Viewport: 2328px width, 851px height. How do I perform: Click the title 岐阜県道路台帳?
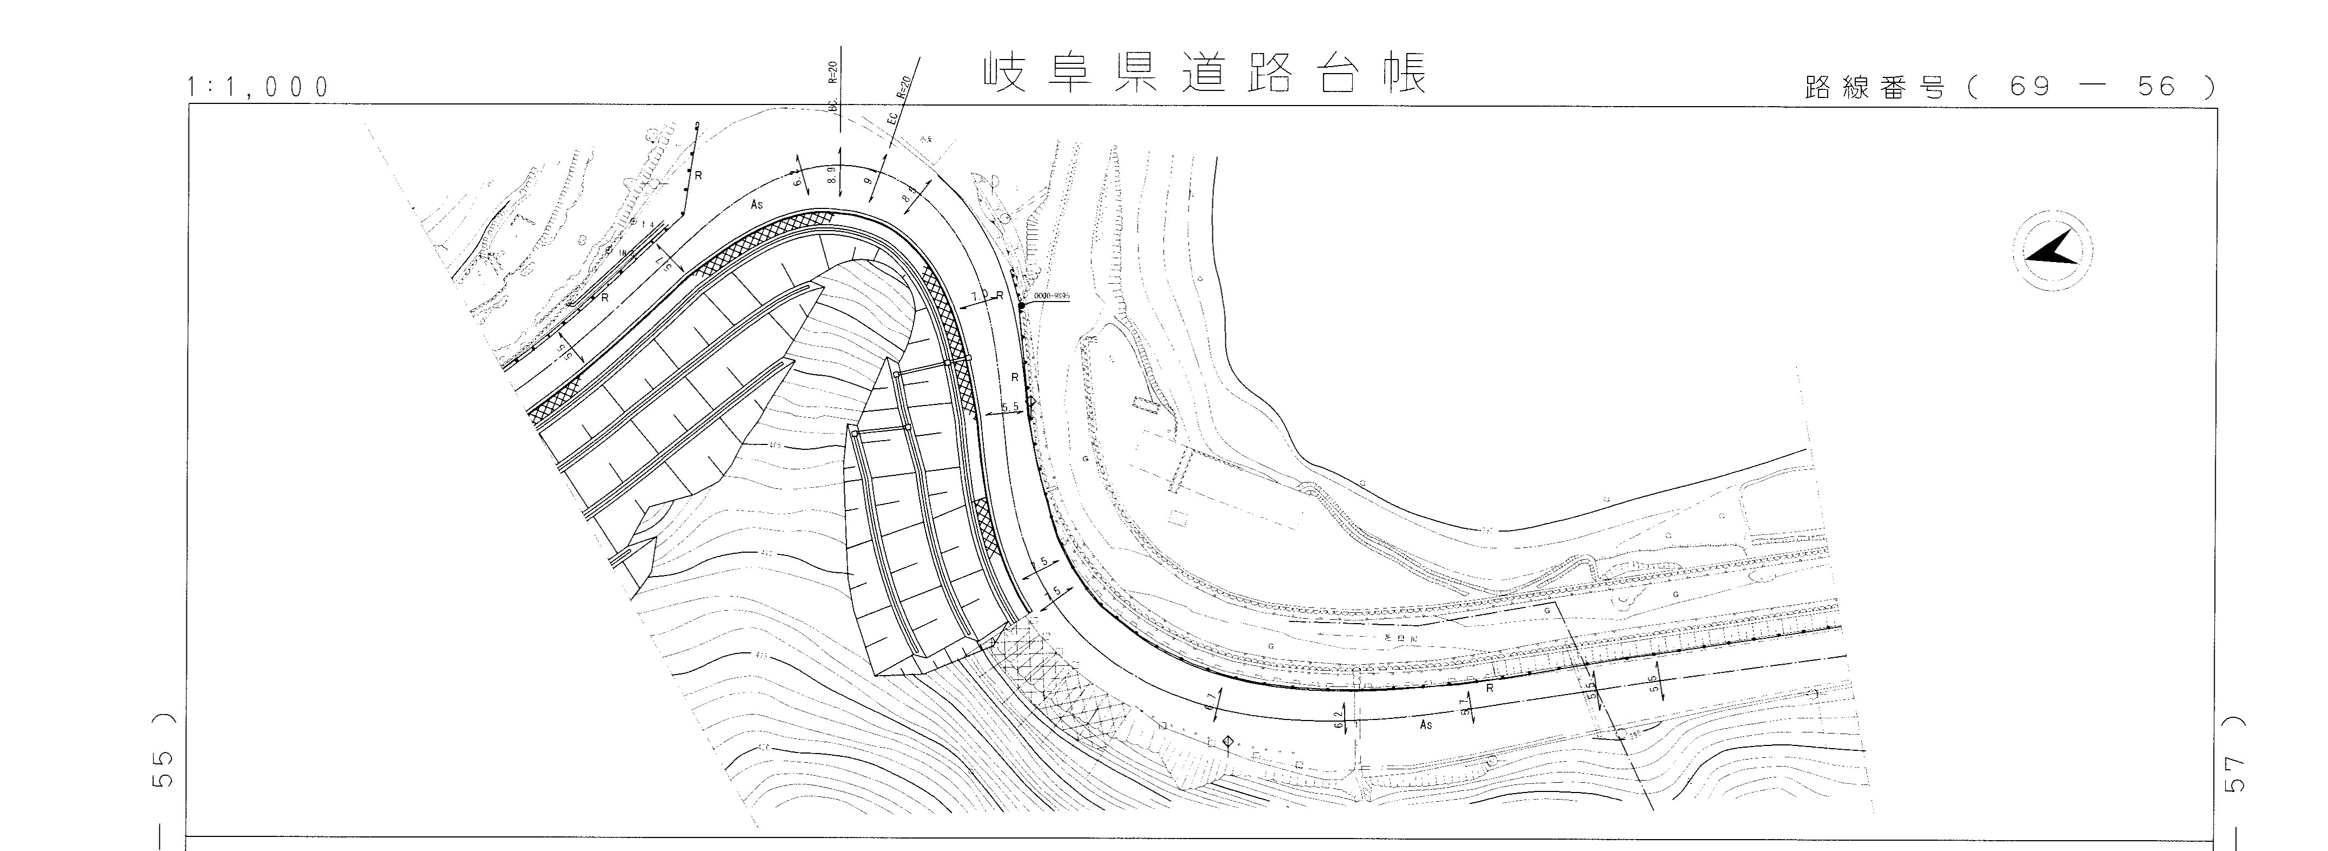(x=1205, y=74)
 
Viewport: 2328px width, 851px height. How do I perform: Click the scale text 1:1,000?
(x=258, y=88)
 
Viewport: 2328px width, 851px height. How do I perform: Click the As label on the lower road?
(x=1426, y=724)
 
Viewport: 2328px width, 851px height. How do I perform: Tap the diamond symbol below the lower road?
(x=1227, y=743)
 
